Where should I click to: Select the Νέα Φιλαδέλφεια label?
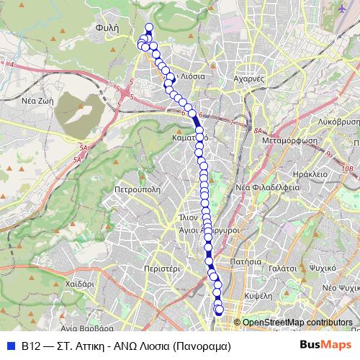click(268, 186)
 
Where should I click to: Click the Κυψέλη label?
click(258, 294)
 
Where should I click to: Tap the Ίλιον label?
click(188, 216)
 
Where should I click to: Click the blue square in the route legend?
click(11, 346)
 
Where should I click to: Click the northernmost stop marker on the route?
click(149, 28)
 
